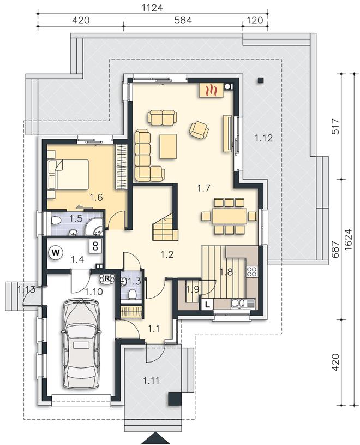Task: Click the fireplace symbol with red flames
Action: tap(212, 90)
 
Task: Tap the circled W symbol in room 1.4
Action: tap(56, 252)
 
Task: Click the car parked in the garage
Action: tap(81, 343)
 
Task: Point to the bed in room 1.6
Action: tap(68, 174)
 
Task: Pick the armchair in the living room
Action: tap(199, 130)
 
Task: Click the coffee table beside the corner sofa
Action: tap(168, 146)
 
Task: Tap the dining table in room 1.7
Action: tap(230, 216)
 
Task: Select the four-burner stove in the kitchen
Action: tap(251, 271)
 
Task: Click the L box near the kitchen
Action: tap(207, 305)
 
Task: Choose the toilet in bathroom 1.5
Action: tap(56, 220)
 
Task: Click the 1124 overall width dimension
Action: tap(153, 8)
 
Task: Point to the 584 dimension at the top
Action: tap(183, 20)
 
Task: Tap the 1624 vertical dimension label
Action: tap(349, 239)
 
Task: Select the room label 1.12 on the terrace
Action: tap(263, 138)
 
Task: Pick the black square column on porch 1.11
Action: tap(175, 399)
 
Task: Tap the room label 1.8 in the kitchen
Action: tap(226, 272)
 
